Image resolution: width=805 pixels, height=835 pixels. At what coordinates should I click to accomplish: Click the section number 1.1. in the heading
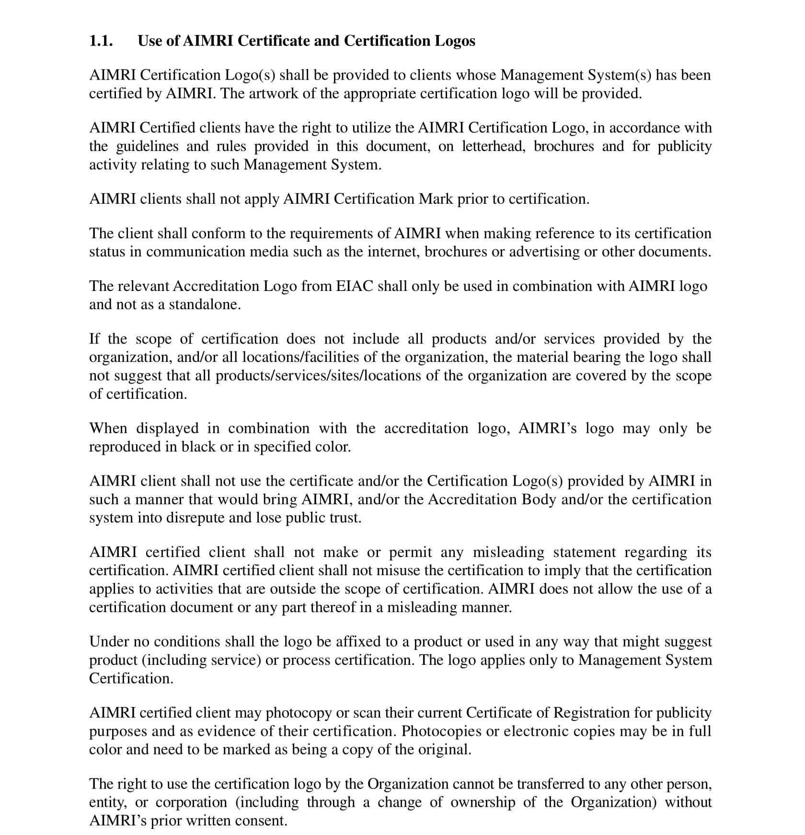pyautogui.click(x=101, y=41)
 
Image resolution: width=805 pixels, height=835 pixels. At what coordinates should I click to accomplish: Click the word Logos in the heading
pyautogui.click(x=455, y=41)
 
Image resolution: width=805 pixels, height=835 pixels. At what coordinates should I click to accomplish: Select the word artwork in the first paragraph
pyautogui.click(x=273, y=93)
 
